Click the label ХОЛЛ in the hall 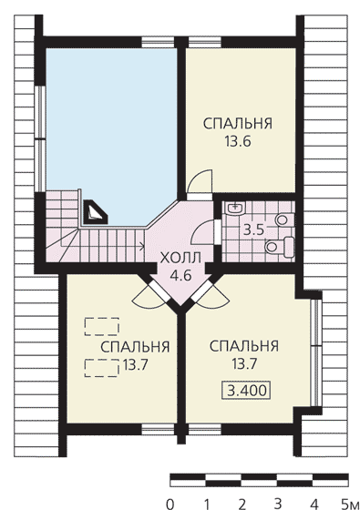[x=180, y=259]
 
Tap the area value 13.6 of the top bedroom [x=237, y=141]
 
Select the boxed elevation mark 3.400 [x=246, y=390]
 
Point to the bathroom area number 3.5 [x=253, y=229]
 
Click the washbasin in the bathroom [x=235, y=208]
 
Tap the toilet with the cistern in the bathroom [x=280, y=247]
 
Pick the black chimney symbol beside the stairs [x=96, y=212]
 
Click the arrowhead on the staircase [x=142, y=246]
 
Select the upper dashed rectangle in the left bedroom [x=101, y=326]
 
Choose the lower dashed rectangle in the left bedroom [x=101, y=368]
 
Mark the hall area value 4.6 [x=180, y=276]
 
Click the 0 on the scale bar [x=170, y=505]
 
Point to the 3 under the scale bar [x=277, y=505]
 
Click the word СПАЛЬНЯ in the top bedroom [x=238, y=124]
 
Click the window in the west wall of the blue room [x=40, y=138]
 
